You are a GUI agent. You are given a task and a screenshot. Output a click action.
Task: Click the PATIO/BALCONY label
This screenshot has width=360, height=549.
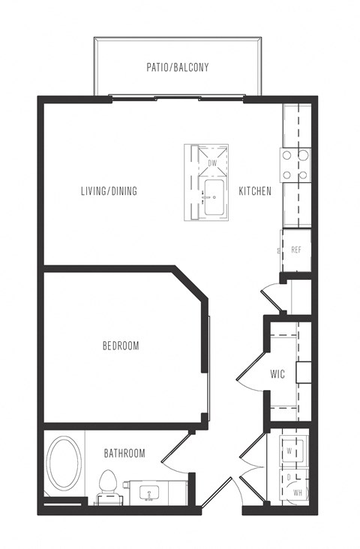(x=178, y=67)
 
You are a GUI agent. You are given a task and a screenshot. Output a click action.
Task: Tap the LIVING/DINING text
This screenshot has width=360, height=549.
(x=109, y=190)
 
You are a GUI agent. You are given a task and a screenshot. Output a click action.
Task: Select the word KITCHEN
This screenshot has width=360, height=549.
(x=255, y=190)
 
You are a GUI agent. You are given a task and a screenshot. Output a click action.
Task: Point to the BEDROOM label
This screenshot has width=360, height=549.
(x=121, y=346)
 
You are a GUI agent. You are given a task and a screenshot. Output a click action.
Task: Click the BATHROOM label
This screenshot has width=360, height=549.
(x=124, y=454)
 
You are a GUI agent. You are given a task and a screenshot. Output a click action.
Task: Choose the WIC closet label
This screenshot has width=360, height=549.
(x=277, y=374)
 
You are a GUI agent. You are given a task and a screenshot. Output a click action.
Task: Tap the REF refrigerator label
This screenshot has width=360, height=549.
(x=296, y=250)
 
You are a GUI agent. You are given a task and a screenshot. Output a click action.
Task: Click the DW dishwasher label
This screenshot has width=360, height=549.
(x=212, y=163)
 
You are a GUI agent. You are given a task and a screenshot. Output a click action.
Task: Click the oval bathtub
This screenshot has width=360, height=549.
(x=64, y=462)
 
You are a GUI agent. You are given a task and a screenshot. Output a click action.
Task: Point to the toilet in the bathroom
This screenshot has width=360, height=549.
(x=108, y=487)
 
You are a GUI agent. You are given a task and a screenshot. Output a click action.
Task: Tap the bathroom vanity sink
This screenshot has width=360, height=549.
(x=149, y=493)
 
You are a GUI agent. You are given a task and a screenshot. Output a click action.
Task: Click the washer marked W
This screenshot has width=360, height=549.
(x=291, y=450)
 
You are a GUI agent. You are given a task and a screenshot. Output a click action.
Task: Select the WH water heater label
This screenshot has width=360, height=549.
(x=298, y=493)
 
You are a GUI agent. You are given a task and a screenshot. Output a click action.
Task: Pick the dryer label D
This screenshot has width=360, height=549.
(x=289, y=478)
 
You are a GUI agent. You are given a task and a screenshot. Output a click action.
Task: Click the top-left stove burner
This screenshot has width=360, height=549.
(x=287, y=154)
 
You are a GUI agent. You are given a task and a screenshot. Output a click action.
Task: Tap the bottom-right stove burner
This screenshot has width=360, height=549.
(x=303, y=175)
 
